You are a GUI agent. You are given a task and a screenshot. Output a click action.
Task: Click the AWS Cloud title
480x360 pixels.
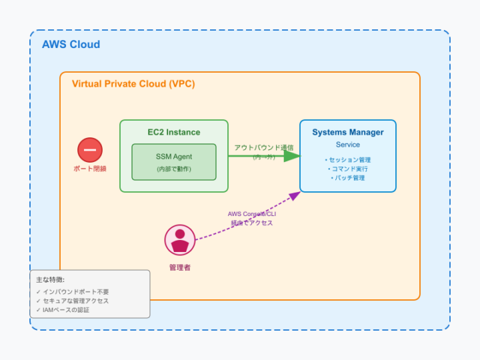pyautogui.click(x=71, y=45)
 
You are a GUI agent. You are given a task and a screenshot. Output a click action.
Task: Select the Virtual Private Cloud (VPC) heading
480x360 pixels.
pyautogui.click(x=133, y=84)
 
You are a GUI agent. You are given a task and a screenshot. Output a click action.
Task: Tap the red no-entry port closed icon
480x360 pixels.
pyautogui.click(x=90, y=150)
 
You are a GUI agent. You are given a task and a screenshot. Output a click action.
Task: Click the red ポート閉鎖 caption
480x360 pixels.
pyautogui.click(x=90, y=169)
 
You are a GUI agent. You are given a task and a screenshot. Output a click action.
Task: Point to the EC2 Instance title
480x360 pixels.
pyautogui.click(x=174, y=132)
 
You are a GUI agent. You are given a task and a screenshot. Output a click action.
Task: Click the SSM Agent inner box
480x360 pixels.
pyautogui.click(x=174, y=162)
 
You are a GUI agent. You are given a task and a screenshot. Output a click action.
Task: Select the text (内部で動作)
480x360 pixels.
pyautogui.click(x=174, y=169)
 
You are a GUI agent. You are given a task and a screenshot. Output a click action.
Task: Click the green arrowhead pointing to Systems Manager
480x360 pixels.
pyautogui.click(x=291, y=156)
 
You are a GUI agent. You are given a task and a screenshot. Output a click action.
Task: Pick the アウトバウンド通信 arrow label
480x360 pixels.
pyautogui.click(x=264, y=147)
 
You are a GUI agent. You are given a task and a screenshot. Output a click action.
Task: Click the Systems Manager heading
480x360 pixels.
pyautogui.click(x=348, y=132)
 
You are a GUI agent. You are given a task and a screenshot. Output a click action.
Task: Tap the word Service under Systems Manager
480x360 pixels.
pyautogui.click(x=348, y=145)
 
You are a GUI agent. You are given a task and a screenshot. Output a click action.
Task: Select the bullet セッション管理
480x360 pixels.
pyautogui.click(x=348, y=160)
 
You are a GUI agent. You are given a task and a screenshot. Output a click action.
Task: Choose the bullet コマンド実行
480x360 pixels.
pyautogui.click(x=348, y=169)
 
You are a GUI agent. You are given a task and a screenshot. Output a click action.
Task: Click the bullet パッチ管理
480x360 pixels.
pyautogui.click(x=348, y=178)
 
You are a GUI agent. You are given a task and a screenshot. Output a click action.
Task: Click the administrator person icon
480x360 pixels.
pyautogui.click(x=180, y=240)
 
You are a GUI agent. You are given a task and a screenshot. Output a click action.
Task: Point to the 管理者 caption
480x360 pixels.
pyautogui.click(x=180, y=267)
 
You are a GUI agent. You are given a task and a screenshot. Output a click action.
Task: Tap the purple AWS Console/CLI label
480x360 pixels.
pyautogui.click(x=251, y=214)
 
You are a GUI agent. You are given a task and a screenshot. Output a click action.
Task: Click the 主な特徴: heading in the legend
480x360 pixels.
pyautogui.click(x=51, y=280)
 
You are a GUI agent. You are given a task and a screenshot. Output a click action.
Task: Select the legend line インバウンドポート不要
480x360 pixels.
pyautogui.click(x=73, y=292)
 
